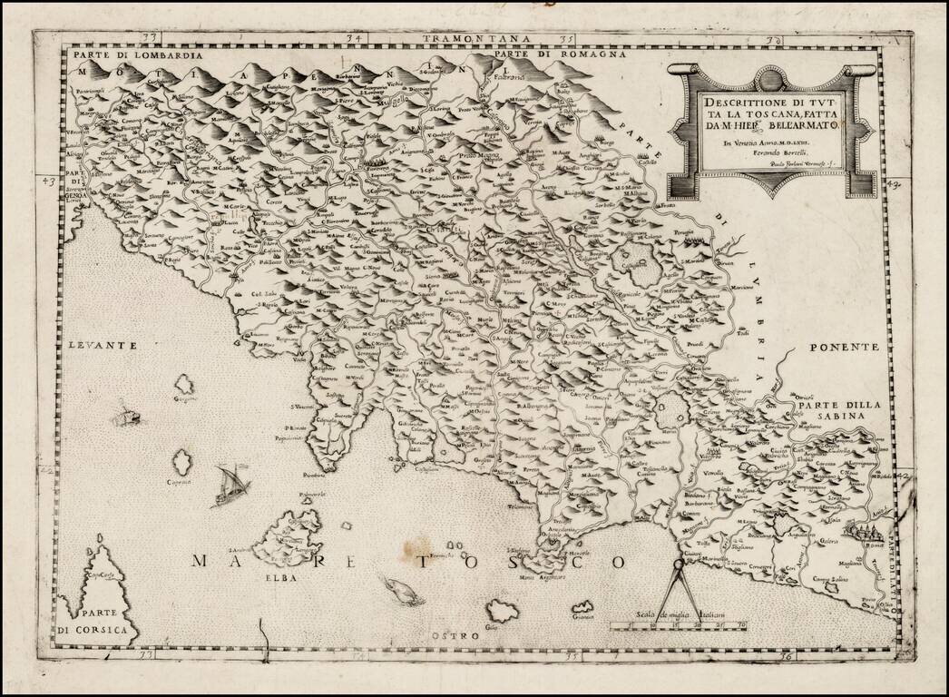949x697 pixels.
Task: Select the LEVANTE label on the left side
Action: point(101,345)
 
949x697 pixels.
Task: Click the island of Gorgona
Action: point(184,384)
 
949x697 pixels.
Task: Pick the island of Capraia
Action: point(182,462)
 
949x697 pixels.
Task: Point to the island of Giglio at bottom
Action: point(502,611)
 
